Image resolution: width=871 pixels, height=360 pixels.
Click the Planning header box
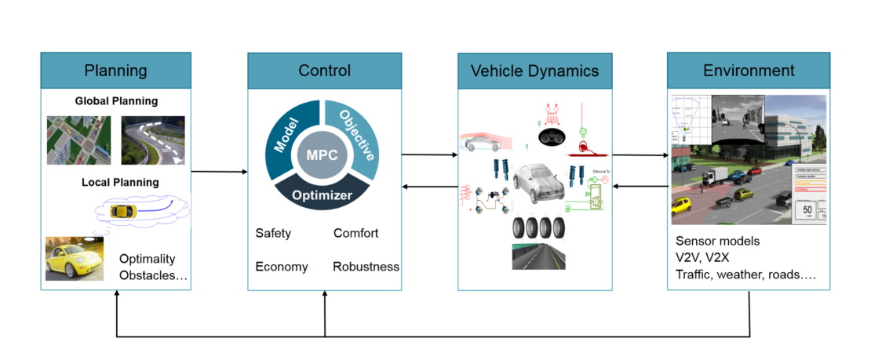116,71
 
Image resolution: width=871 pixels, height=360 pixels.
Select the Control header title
324,71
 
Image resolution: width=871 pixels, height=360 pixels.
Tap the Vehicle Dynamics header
534,71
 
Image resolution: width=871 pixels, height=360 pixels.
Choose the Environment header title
748,71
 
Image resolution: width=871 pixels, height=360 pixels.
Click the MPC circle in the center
323,154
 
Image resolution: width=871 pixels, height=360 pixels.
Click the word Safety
273,233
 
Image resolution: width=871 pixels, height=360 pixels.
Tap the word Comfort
355,233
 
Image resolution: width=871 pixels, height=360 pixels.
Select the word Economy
281,267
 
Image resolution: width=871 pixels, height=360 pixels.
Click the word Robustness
366,267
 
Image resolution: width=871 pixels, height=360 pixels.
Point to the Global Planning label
116,101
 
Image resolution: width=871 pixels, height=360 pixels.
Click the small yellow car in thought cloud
123,212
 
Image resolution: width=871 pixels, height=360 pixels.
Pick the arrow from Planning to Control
219,171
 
